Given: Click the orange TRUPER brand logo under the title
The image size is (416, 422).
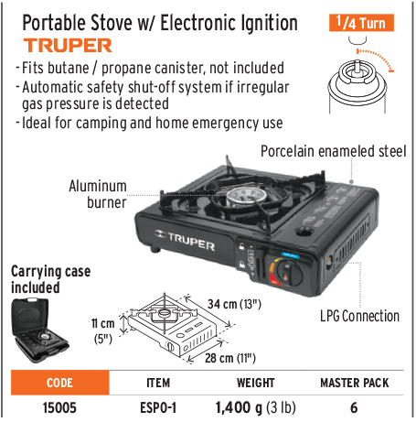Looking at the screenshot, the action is click(x=68, y=46).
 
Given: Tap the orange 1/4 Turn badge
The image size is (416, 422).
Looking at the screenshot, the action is click(x=361, y=23).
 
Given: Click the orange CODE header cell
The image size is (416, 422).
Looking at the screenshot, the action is click(x=60, y=383).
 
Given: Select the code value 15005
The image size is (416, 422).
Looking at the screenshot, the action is click(x=59, y=407).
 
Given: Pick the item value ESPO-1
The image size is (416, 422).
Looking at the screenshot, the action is click(x=158, y=407).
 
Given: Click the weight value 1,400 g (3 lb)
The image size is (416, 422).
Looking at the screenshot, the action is click(x=255, y=407).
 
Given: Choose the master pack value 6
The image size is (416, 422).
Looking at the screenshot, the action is click(x=354, y=407).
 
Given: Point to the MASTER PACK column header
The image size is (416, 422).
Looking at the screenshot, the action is click(x=355, y=383).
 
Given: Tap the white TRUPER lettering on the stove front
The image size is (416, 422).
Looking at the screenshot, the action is click(x=185, y=241).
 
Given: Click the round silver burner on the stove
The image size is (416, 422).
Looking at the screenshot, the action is click(x=245, y=198).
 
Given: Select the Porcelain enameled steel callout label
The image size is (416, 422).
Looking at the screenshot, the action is click(x=334, y=151).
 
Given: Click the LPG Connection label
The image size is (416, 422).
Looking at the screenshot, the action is click(x=359, y=316).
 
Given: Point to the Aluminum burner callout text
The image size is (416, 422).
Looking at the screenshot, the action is click(x=98, y=194).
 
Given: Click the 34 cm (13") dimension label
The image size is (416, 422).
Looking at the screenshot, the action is click(x=234, y=304).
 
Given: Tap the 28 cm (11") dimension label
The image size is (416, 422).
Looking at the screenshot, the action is click(x=230, y=358).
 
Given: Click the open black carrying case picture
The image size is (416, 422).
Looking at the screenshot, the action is click(x=39, y=330).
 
